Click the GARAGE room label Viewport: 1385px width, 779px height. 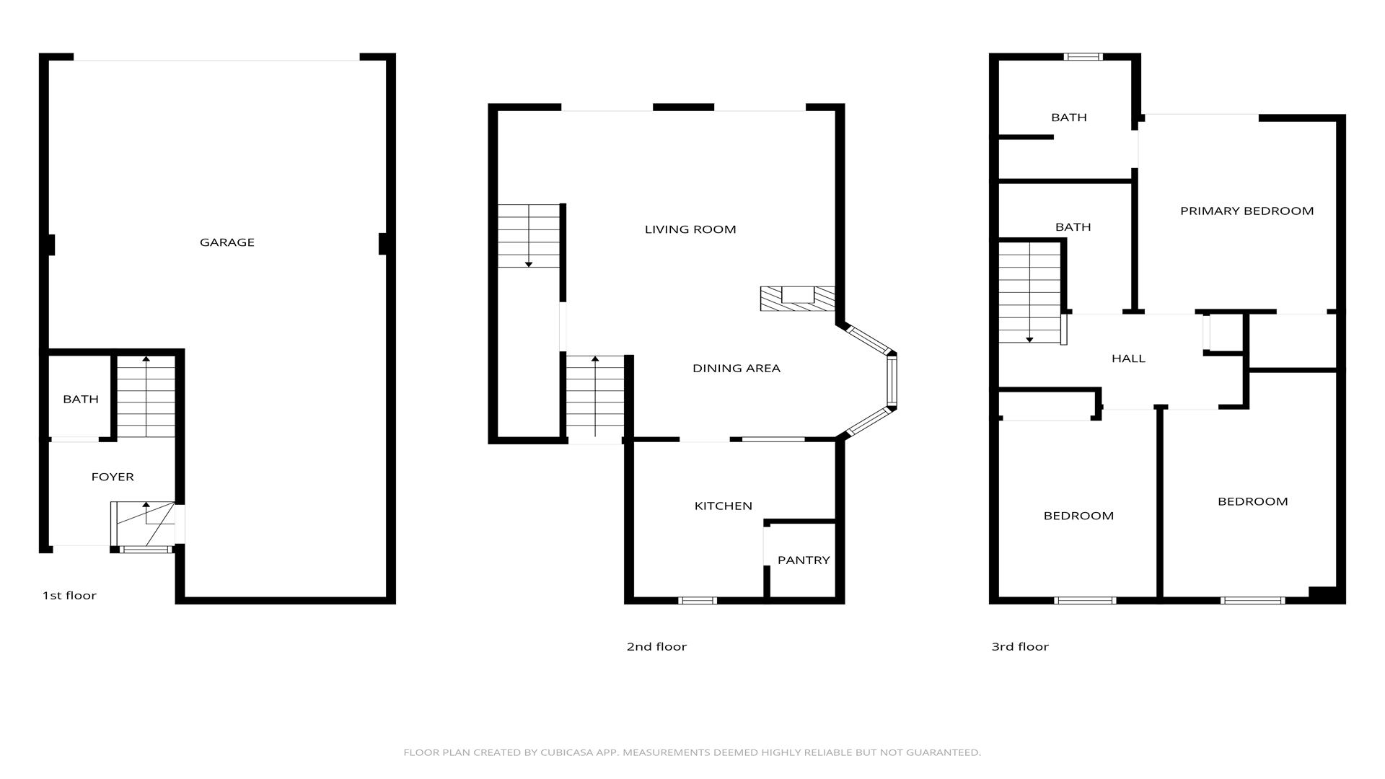tap(227, 242)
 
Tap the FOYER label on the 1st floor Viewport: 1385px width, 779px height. tap(113, 477)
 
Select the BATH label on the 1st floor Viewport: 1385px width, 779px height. tap(81, 399)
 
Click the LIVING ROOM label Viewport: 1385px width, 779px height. tap(690, 229)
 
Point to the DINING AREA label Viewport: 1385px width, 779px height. tap(737, 368)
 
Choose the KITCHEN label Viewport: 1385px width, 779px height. tap(724, 506)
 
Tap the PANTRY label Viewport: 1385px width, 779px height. tap(804, 560)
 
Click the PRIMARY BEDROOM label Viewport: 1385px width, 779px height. tap(1247, 211)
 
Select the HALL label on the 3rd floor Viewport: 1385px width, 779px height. tap(1128, 358)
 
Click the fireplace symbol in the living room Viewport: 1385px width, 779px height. tap(798, 298)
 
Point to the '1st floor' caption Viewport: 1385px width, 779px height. tap(69, 595)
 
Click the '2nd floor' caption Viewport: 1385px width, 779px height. tap(656, 646)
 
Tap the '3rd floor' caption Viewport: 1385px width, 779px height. tap(1020, 646)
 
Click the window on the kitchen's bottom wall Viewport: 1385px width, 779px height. tap(698, 600)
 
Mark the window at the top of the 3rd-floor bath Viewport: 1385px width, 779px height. tap(1083, 57)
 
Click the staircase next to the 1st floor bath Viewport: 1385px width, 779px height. tap(146, 397)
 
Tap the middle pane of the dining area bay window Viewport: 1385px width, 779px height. tap(892, 381)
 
